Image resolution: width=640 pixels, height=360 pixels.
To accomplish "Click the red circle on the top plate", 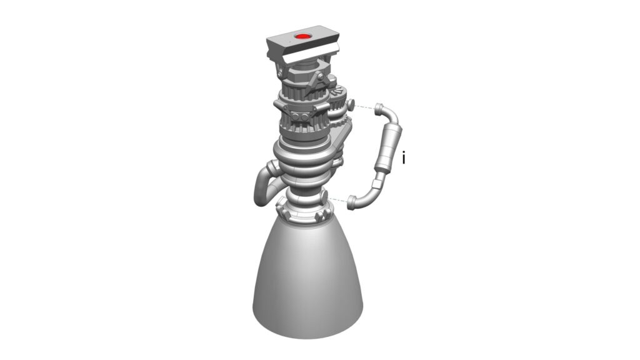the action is [302, 36].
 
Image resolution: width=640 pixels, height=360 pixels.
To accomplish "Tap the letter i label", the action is [404, 158].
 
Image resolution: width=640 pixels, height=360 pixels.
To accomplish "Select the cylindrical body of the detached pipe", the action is [387, 149].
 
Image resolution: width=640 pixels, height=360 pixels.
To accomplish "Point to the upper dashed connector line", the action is [364, 107].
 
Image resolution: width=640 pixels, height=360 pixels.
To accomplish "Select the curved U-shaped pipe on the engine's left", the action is [263, 184].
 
